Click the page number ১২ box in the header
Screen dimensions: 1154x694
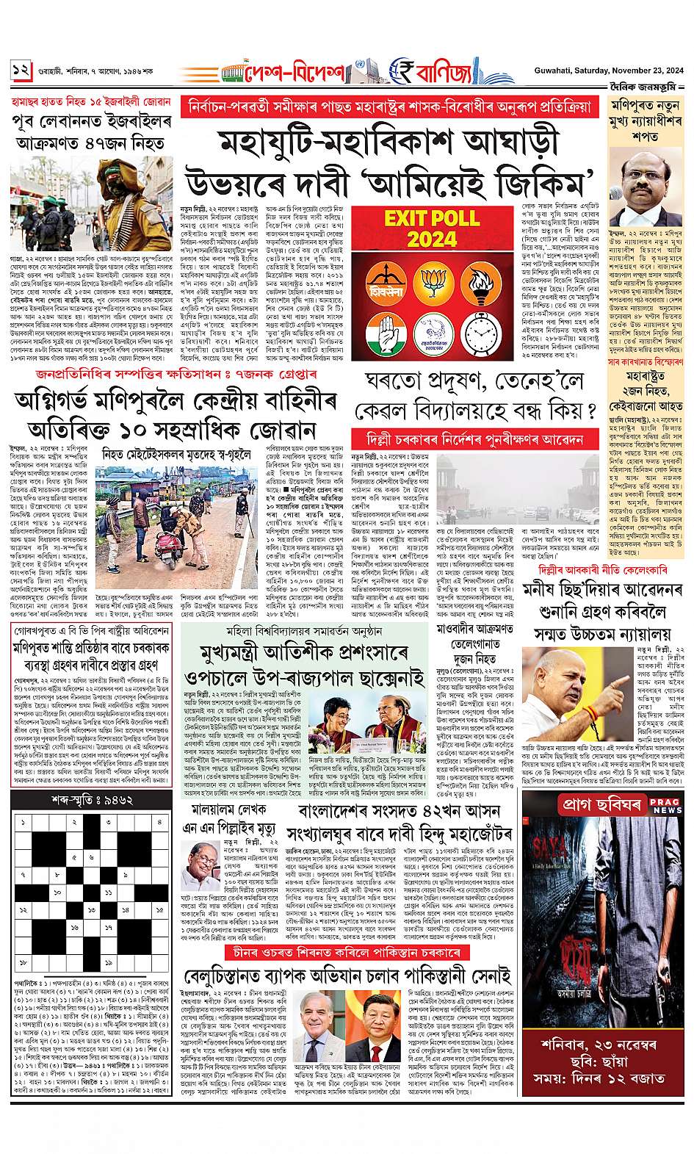point(20,71)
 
